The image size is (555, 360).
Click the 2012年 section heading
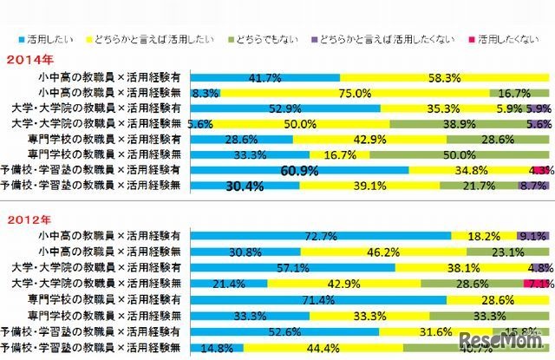pos(27,220)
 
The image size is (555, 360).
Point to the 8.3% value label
pos(203,91)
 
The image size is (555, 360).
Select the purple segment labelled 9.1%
pos(530,235)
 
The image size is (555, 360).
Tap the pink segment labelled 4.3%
pos(542,171)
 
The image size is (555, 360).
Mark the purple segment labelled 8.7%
pos(532,186)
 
